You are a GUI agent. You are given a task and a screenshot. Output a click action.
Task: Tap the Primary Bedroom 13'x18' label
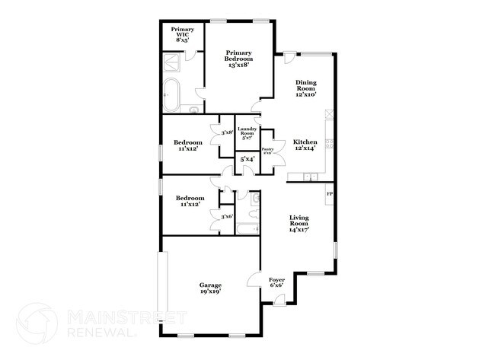[x=238, y=59]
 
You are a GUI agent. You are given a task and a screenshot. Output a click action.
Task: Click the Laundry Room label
[x=246, y=132]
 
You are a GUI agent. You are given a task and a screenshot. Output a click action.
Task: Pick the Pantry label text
[x=267, y=151]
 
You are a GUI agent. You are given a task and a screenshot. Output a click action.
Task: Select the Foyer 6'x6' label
[x=276, y=283]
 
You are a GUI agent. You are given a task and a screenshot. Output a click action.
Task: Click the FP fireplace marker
[x=329, y=196]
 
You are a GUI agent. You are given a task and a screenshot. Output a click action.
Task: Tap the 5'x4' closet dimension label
[x=247, y=160]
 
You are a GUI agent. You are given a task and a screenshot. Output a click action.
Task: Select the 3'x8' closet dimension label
[x=226, y=133]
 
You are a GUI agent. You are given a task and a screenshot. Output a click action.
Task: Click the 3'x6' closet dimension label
[x=226, y=217]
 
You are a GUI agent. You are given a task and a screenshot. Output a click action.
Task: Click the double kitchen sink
[x=309, y=177]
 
